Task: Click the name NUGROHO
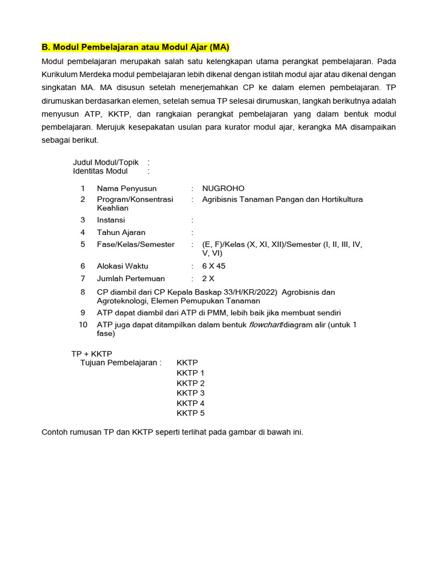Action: pos(223,189)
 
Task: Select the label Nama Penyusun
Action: pos(127,189)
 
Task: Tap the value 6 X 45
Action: pos(214,266)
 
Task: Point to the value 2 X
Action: pos(208,279)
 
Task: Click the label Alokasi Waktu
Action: pos(123,266)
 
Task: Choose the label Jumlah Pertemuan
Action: pos(131,279)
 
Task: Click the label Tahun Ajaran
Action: pos(121,233)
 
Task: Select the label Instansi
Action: pos(111,220)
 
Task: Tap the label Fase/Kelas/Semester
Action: pos(136,245)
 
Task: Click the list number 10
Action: pos(83,325)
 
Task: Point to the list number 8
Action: pos(83,292)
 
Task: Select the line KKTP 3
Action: pos(190,393)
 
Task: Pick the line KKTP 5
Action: pos(190,413)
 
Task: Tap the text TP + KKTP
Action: pos(92,354)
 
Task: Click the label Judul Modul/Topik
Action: pos(106,163)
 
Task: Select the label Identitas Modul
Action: pos(100,171)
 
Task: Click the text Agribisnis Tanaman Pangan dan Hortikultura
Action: pos(282,200)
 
